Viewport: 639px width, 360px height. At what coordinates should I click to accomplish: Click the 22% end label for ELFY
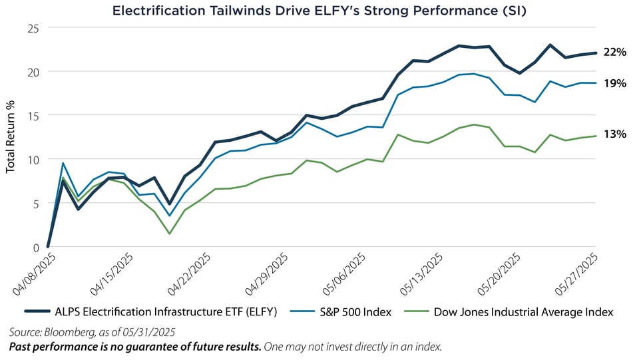click(615, 53)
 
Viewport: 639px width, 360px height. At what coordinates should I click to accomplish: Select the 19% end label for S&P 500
click(615, 83)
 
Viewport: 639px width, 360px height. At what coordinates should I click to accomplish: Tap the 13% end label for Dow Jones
click(615, 134)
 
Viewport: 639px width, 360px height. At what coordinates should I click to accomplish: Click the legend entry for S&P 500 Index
click(356, 311)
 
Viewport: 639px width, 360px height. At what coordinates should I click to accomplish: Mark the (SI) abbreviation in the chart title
click(514, 11)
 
